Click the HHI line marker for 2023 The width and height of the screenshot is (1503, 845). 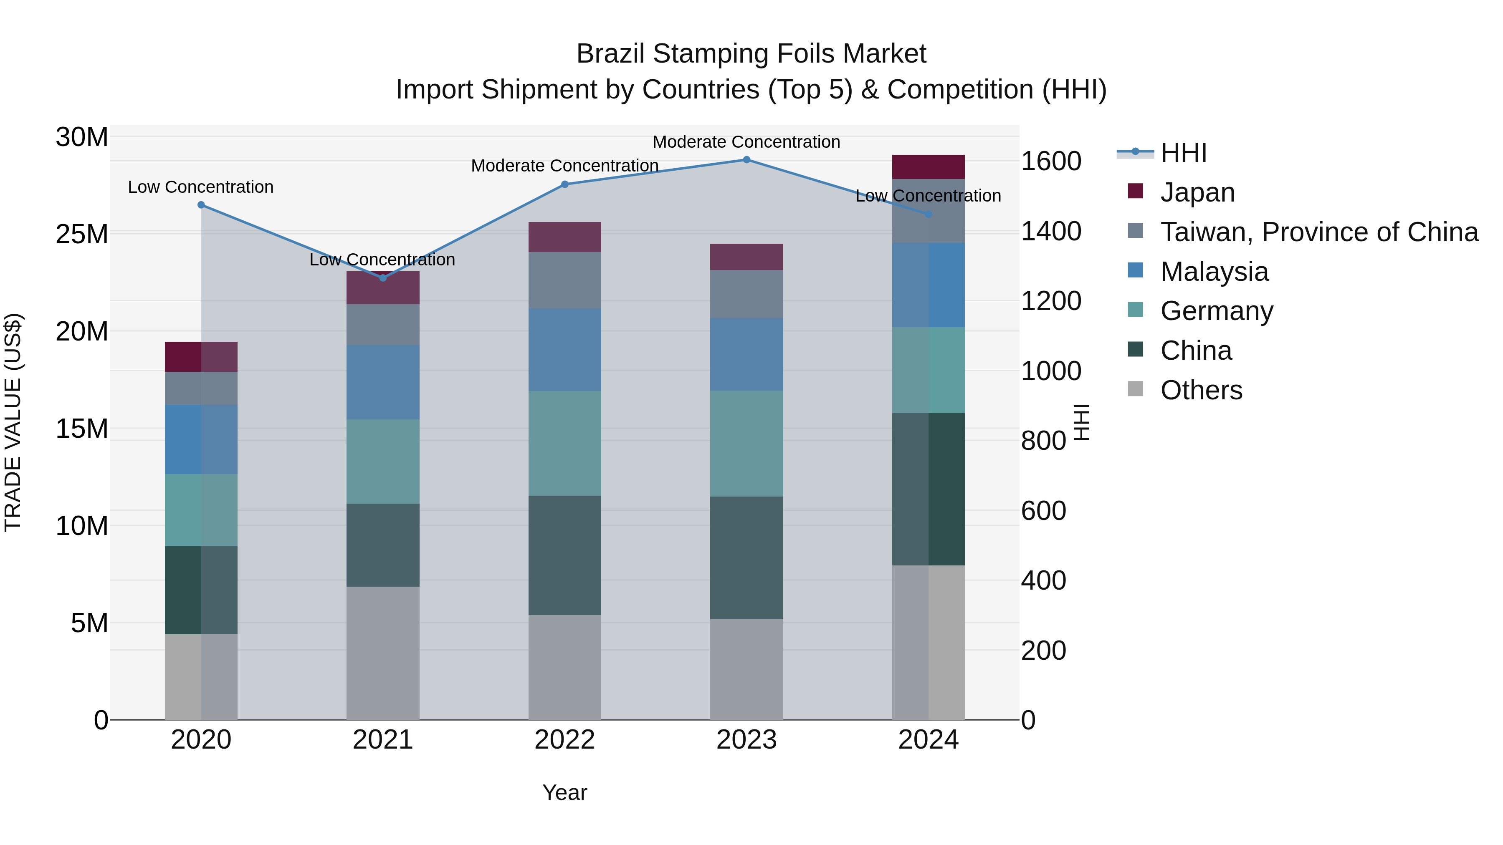click(746, 160)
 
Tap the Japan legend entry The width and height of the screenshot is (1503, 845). click(1197, 192)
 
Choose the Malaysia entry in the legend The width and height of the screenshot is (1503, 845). click(1214, 272)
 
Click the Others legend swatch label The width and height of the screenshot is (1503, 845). click(1201, 390)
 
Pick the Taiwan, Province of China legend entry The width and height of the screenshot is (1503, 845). click(1318, 232)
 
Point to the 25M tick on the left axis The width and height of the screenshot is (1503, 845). click(82, 235)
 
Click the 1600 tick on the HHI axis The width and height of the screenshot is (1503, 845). click(1051, 161)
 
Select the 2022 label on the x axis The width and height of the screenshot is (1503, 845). click(564, 740)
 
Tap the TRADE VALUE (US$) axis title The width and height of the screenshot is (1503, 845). click(13, 422)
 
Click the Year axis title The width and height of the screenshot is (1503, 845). click(564, 792)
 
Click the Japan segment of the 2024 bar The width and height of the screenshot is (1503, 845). click(928, 167)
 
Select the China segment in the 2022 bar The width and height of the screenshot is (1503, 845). click(564, 555)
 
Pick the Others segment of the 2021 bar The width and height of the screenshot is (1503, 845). click(383, 653)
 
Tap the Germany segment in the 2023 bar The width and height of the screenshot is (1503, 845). click(746, 443)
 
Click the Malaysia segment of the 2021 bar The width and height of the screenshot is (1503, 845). click(383, 382)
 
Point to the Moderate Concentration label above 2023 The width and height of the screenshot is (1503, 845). click(746, 142)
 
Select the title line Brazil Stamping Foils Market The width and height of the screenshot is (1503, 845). click(751, 54)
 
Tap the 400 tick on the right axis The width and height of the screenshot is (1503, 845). click(1043, 581)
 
